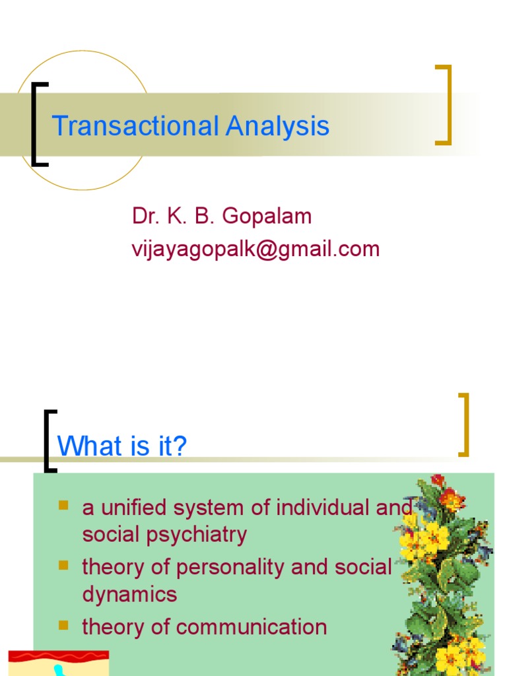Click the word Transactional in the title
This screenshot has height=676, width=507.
[x=135, y=125]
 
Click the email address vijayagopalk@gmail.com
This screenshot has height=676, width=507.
[x=255, y=249]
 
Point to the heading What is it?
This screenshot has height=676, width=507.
[x=122, y=446]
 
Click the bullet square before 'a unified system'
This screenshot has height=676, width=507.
[x=63, y=506]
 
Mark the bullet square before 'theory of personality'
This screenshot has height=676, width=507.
[x=63, y=565]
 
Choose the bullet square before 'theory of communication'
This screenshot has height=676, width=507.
[x=63, y=625]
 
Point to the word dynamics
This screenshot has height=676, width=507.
[x=129, y=594]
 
